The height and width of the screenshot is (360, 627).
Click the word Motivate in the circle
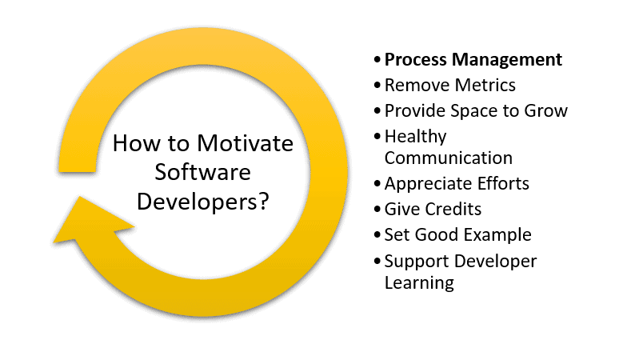245,143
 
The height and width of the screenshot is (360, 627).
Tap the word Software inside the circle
203,173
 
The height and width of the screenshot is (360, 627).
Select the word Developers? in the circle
203,202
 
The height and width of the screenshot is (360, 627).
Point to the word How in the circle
136,143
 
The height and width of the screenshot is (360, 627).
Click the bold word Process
416,59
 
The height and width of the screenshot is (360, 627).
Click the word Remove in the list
417,85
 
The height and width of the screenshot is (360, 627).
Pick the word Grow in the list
545,110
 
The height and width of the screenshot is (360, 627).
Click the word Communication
448,158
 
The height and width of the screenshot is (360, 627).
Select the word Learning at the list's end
419,283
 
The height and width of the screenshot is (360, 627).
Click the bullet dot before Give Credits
377,210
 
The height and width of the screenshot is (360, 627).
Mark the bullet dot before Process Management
377,59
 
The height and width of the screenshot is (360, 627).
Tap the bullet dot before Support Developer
377,261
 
